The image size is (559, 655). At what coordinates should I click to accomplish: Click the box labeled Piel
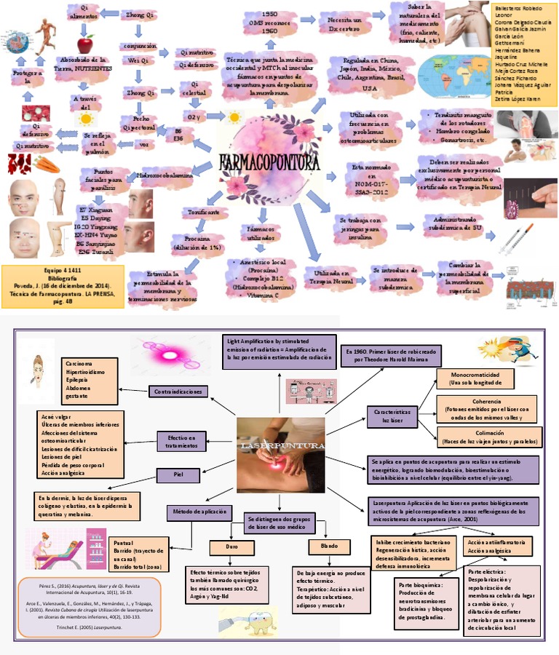(178, 476)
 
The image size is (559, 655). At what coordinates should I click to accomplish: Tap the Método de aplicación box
(198, 512)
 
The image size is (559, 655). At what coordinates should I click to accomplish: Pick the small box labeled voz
(144, 145)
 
